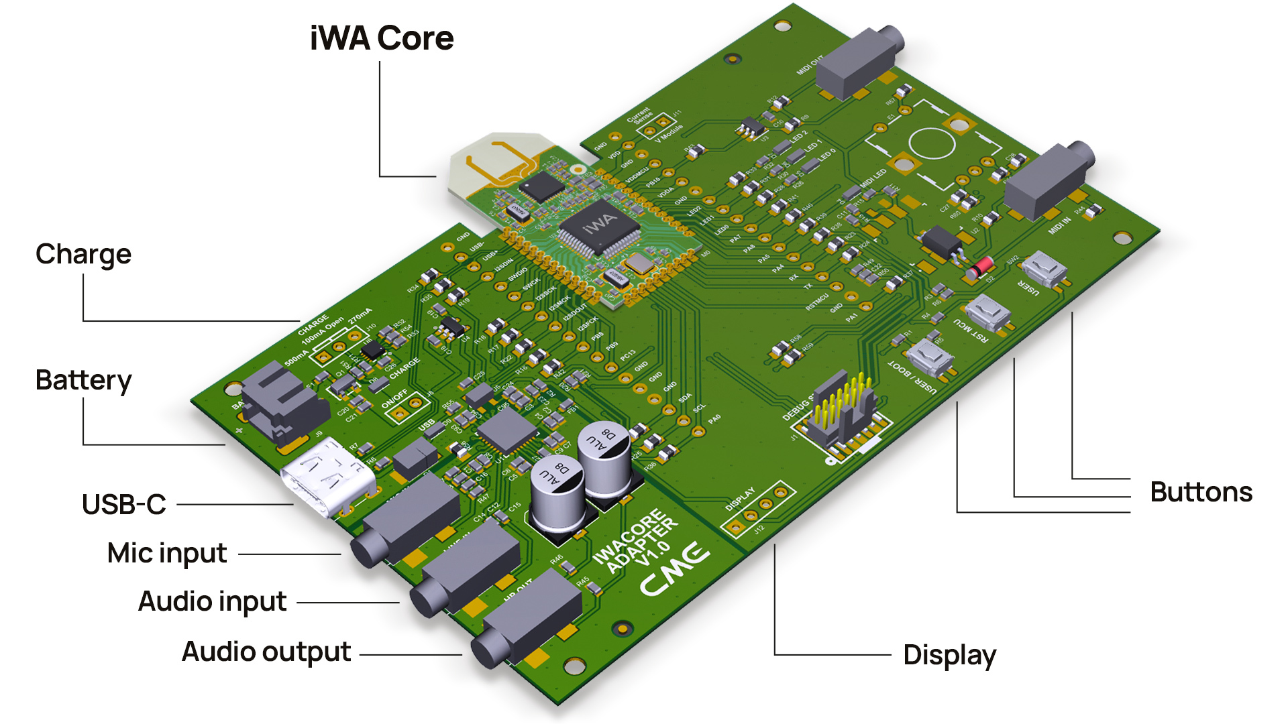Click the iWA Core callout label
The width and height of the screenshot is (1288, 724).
tap(382, 38)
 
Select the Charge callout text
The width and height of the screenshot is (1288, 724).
tap(83, 255)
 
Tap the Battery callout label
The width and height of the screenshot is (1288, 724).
tap(83, 380)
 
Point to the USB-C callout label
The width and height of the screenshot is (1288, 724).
tap(124, 505)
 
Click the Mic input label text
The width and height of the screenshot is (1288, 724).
tap(167, 554)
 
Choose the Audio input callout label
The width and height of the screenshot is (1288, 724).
tap(212, 602)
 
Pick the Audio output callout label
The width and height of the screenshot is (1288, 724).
tap(266, 652)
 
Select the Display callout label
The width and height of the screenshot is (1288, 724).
tap(949, 655)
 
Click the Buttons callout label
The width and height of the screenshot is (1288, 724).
tap(1201, 492)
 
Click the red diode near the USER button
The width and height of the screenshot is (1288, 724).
tap(981, 267)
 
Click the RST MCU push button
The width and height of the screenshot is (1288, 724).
tap(988, 311)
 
